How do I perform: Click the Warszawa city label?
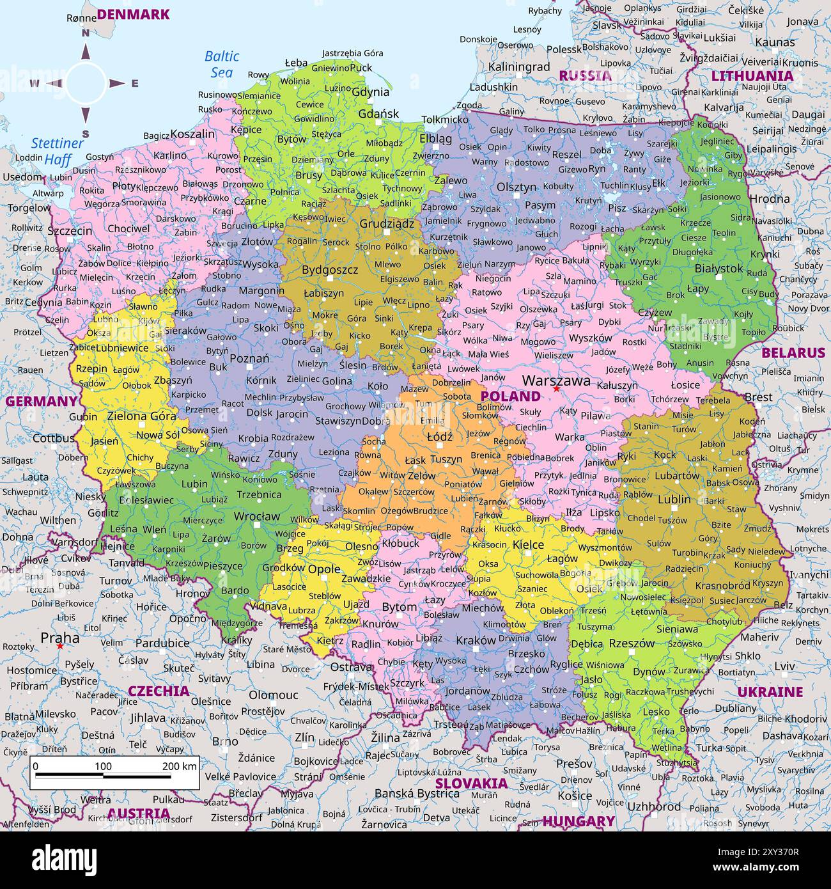555,380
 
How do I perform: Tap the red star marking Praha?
59,646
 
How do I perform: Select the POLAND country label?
510,396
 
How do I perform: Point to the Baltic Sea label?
222,64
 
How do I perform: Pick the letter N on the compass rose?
85,33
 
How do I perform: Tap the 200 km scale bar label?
180,766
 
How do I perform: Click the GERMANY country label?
42,401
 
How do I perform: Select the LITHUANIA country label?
752,75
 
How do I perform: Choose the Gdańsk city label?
378,114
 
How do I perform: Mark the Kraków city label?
476,640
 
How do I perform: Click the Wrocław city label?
256,516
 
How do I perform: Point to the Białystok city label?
718,268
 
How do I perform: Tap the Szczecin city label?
70,231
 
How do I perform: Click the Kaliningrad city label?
518,67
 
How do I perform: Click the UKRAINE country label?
770,691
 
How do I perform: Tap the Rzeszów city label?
632,643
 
